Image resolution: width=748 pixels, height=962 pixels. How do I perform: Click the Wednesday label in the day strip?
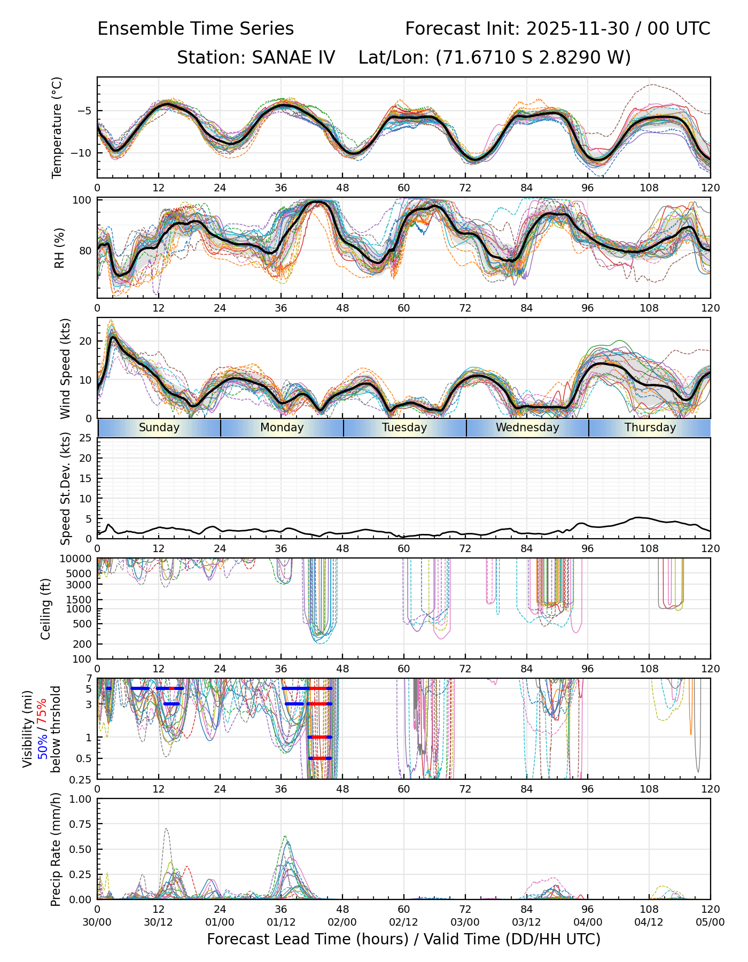[x=527, y=428]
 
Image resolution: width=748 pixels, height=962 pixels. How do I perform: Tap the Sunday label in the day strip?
[x=159, y=428]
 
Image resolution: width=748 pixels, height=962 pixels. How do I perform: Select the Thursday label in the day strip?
[x=650, y=428]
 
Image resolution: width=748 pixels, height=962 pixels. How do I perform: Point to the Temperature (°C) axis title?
[x=57, y=127]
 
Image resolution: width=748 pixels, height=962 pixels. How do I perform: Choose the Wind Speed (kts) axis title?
[x=65, y=368]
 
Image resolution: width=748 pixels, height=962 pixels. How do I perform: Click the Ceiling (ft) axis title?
[x=46, y=609]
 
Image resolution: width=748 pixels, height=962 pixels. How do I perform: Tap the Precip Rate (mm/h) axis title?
[x=56, y=849]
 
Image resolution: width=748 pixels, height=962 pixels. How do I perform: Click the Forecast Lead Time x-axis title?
[x=403, y=939]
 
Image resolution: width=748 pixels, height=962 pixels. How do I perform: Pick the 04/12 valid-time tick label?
[x=649, y=922]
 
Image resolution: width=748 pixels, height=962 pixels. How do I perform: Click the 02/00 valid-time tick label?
[x=342, y=922]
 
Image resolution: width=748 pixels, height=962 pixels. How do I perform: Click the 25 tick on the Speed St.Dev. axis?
[x=86, y=438]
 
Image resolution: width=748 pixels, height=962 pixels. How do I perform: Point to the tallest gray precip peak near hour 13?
[x=166, y=829]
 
